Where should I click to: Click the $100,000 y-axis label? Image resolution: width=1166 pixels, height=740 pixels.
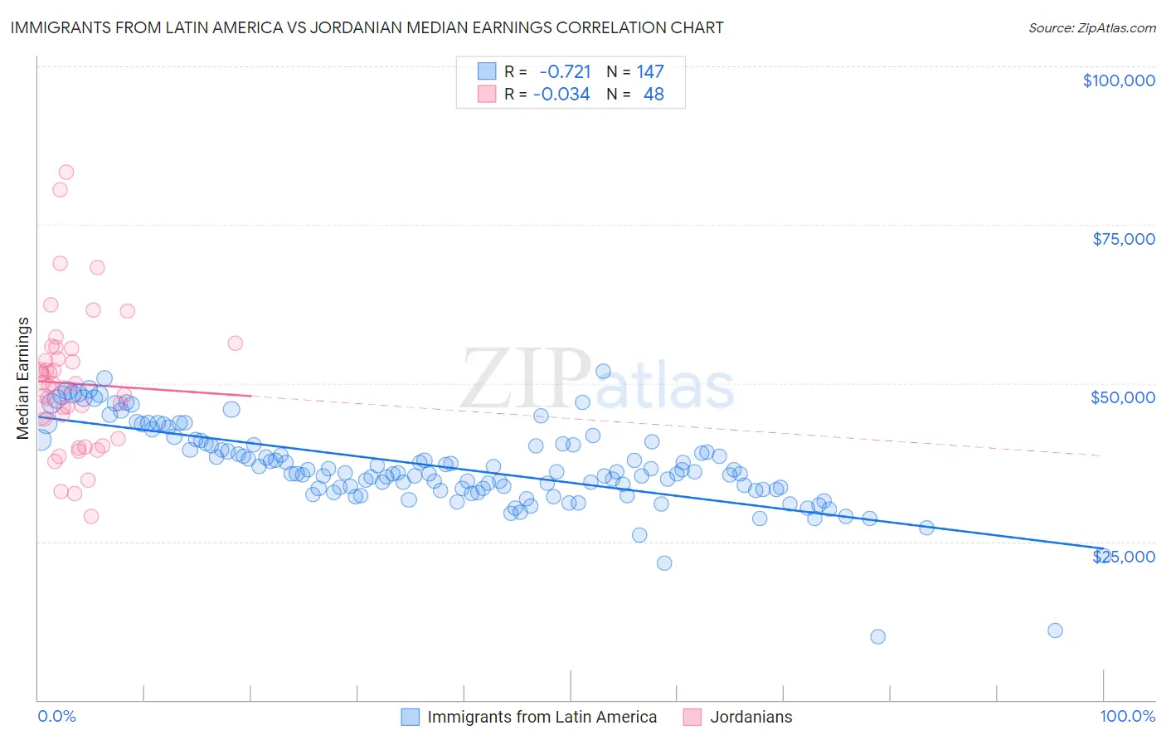coord(1118,80)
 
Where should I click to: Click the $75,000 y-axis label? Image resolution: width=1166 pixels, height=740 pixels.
coord(1123,239)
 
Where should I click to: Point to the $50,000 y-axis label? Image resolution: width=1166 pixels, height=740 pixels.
coord(1122,397)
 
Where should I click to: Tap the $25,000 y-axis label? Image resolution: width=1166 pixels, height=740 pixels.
coord(1123,556)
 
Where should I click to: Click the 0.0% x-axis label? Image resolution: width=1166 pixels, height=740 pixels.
coord(56,716)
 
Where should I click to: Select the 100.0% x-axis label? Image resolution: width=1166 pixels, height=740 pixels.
coord(1127,716)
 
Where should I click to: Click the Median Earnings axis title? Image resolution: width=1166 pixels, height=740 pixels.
coord(23,378)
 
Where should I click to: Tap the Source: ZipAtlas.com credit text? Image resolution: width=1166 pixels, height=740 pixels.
coord(1091,27)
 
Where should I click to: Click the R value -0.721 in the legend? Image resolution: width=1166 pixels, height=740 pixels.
coord(565,72)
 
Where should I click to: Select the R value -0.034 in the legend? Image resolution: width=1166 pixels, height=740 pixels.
coord(561,95)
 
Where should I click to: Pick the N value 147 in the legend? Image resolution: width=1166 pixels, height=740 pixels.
coord(650,72)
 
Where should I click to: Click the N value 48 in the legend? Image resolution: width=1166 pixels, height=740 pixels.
coord(653,95)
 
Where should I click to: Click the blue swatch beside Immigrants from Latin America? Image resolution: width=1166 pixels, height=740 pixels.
coord(411,717)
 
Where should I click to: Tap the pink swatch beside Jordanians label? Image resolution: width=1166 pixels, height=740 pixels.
coord(692,717)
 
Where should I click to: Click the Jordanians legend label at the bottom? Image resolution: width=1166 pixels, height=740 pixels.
coord(751,717)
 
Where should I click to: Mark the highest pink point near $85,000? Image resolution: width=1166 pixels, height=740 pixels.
coord(66,173)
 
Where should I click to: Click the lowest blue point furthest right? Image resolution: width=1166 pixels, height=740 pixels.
coord(1055,630)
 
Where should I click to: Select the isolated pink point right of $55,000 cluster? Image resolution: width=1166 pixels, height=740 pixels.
coord(235,343)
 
